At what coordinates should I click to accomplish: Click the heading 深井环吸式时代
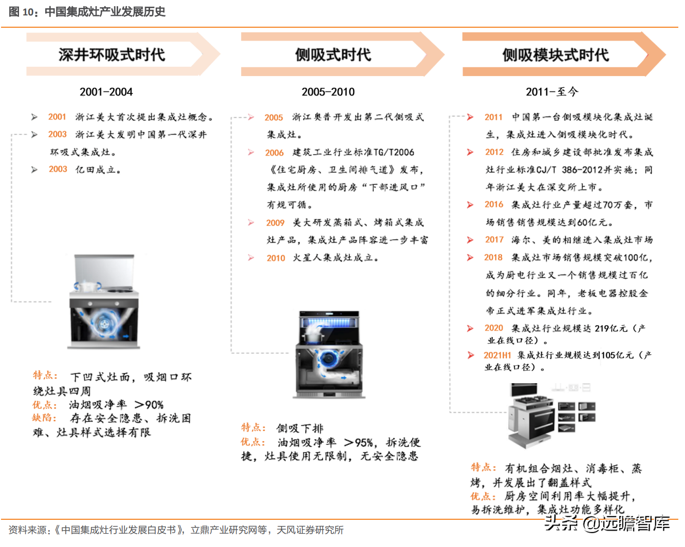tap(112, 54)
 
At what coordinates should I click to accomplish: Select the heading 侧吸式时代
tap(332, 54)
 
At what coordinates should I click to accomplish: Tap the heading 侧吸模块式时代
tap(555, 54)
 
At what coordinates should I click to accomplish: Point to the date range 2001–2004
tap(106, 92)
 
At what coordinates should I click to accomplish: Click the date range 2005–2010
tap(328, 92)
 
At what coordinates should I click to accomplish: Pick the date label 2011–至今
tap(552, 92)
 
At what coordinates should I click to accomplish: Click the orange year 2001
tap(57, 117)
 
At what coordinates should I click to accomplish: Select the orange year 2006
tap(274, 153)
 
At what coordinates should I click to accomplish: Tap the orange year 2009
tap(275, 223)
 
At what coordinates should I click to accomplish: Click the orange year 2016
tap(494, 204)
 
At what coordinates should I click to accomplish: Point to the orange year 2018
tap(493, 257)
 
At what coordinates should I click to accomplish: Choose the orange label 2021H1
tap(497, 355)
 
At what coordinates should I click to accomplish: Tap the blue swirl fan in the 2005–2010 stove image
tap(327, 357)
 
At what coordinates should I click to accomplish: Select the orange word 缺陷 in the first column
tap(44, 418)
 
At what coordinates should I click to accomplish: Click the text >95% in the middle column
tap(358, 442)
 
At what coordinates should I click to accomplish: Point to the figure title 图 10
tap(21, 11)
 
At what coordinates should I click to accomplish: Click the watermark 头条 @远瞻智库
tap(606, 523)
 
